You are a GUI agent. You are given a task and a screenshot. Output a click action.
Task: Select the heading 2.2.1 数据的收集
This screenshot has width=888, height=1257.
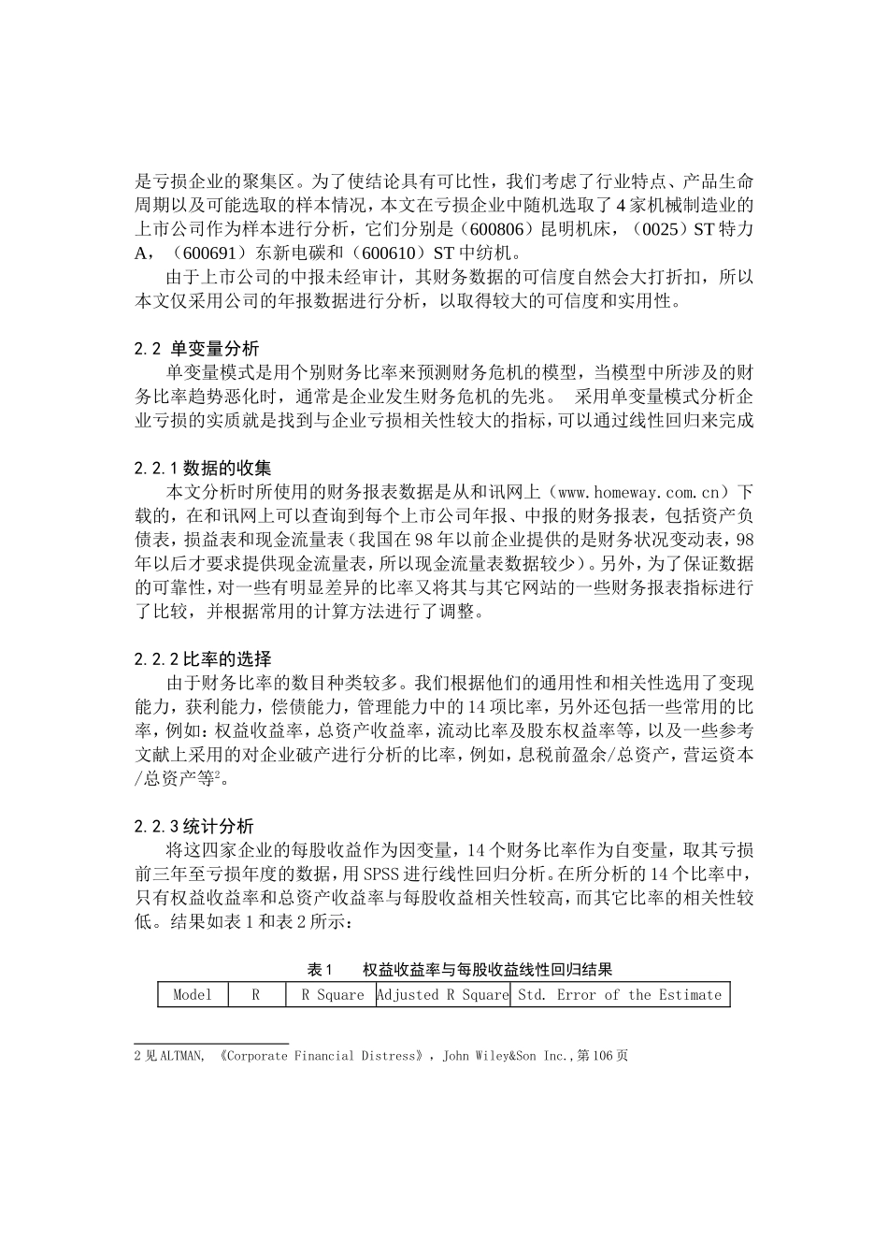[204, 468]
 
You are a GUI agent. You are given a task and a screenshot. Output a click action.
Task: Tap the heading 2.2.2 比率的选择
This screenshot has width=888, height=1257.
[204, 658]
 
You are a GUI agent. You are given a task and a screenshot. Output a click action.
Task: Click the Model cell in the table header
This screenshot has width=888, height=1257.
[193, 994]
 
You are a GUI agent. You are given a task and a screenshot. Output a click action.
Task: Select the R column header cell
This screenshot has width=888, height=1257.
[256, 994]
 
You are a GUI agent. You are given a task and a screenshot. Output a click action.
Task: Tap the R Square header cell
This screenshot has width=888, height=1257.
[331, 994]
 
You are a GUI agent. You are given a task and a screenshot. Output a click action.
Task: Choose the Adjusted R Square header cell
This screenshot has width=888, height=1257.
[443, 994]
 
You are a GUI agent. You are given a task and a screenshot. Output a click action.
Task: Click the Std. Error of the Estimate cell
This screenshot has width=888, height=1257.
[620, 994]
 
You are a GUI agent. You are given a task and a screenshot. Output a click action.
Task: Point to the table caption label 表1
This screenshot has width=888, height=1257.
[321, 969]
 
